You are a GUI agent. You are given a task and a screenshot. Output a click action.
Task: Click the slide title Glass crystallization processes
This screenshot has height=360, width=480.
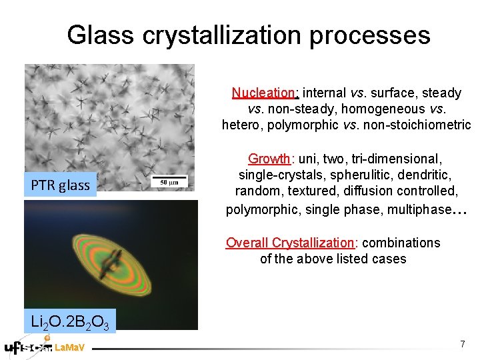click(248, 35)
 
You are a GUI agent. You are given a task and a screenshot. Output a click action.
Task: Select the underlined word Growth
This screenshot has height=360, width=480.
click(269, 159)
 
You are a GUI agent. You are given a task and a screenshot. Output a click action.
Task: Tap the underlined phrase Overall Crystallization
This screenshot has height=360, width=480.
click(290, 243)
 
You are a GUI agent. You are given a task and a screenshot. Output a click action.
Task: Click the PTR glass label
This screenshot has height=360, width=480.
click(60, 185)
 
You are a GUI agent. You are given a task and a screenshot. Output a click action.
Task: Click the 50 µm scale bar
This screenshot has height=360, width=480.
click(168, 181)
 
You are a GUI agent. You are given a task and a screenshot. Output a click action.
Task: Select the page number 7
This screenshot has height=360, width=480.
click(462, 344)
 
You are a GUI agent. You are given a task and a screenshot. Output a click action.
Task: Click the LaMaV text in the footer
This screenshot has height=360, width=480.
click(69, 348)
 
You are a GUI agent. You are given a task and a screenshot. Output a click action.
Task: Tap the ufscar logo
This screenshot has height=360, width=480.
click(27, 347)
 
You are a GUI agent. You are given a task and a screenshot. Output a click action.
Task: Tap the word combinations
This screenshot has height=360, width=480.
click(401, 243)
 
